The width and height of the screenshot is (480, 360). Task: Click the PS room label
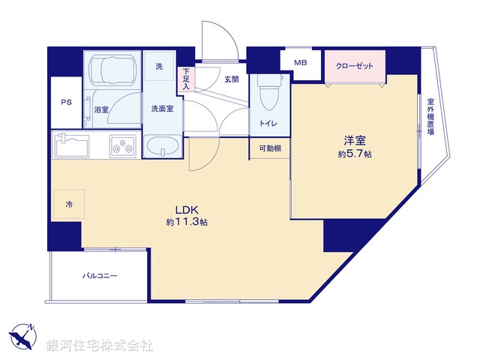66,103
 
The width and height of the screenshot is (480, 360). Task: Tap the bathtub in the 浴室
111,71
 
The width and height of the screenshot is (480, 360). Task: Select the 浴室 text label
101,109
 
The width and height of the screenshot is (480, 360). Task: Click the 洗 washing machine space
159,67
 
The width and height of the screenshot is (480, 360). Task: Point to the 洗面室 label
163,109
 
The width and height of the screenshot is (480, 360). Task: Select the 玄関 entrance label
231,79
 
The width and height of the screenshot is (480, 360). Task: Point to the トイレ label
268,122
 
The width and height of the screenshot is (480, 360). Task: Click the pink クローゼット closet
354,64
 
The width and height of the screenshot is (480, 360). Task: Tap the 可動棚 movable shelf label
270,148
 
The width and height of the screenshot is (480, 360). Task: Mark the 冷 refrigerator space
68,203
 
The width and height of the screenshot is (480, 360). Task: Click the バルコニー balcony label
100,275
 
